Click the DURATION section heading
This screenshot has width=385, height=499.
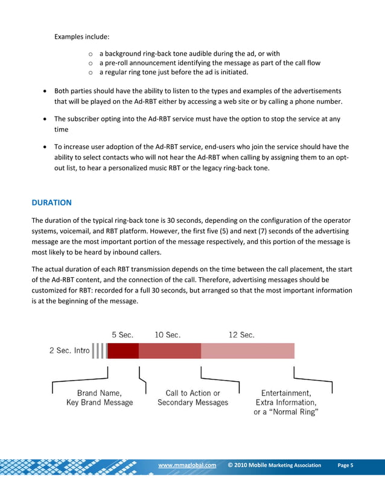[52, 203]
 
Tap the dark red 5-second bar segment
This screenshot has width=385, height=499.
[123, 351]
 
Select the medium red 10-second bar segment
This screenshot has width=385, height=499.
[170, 351]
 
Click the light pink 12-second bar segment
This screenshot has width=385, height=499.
[247, 351]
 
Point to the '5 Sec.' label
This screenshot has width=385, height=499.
[122, 335]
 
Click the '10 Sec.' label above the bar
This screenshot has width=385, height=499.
[167, 335]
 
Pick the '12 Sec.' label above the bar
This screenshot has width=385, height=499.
[241, 335]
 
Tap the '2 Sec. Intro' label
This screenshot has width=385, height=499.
[69, 351]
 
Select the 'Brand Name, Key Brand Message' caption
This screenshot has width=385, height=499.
[100, 398]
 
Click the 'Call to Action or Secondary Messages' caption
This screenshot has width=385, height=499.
[192, 398]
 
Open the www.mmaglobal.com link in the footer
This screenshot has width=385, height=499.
[186, 465]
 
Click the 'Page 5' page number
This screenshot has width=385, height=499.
[346, 465]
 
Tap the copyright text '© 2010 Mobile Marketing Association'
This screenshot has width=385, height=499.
[275, 465]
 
